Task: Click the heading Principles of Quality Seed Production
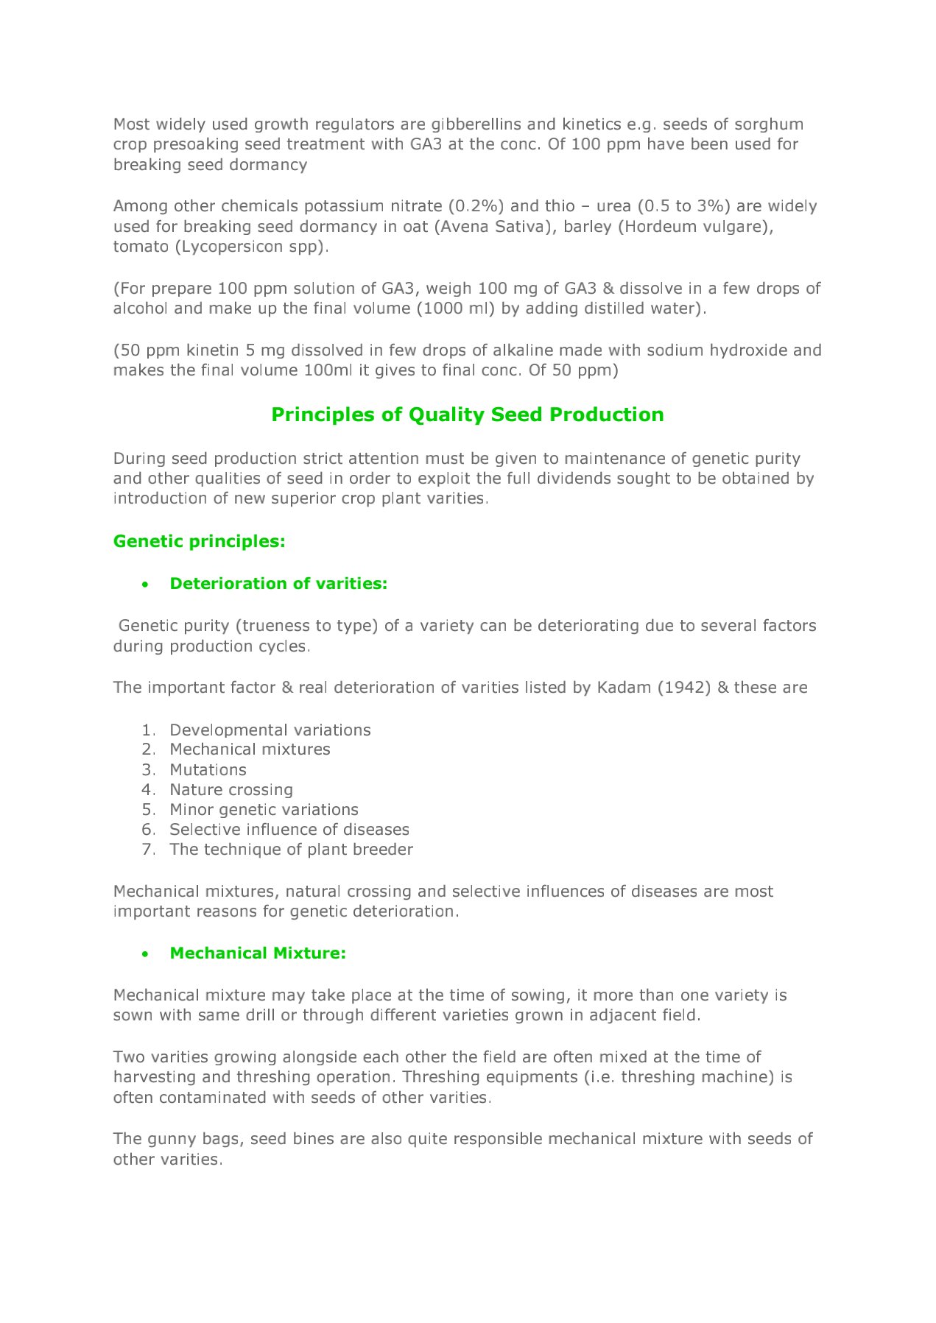coord(468,414)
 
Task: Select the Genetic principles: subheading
coord(199,541)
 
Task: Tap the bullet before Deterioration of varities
coord(146,585)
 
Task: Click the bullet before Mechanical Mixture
coord(146,954)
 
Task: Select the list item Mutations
coord(208,769)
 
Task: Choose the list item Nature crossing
coord(231,789)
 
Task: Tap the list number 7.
coord(148,849)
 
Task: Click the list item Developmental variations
coord(270,730)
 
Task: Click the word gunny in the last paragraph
coord(172,1139)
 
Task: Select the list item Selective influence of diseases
coord(289,829)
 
